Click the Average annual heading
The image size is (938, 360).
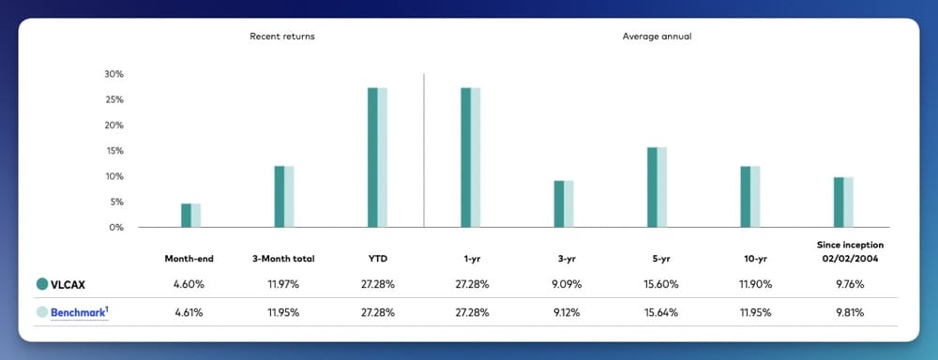[x=657, y=36]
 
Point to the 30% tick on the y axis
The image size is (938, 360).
[x=113, y=74]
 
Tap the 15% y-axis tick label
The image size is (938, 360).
[x=113, y=151]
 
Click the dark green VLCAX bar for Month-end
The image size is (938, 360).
[x=186, y=215]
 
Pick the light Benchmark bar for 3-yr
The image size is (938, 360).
[x=568, y=203]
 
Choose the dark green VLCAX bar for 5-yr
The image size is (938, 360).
[x=652, y=187]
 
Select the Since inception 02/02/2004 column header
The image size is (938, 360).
[x=848, y=250]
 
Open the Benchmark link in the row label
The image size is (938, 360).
[x=81, y=311]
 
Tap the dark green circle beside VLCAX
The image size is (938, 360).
[x=42, y=283]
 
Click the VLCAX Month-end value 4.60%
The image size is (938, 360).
[x=190, y=283]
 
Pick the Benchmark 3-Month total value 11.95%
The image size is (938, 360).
[x=283, y=311]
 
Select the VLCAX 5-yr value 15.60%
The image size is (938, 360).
[x=657, y=283]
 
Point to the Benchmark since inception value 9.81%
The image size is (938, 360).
[x=848, y=311]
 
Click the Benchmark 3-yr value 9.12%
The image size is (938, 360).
[x=564, y=311]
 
